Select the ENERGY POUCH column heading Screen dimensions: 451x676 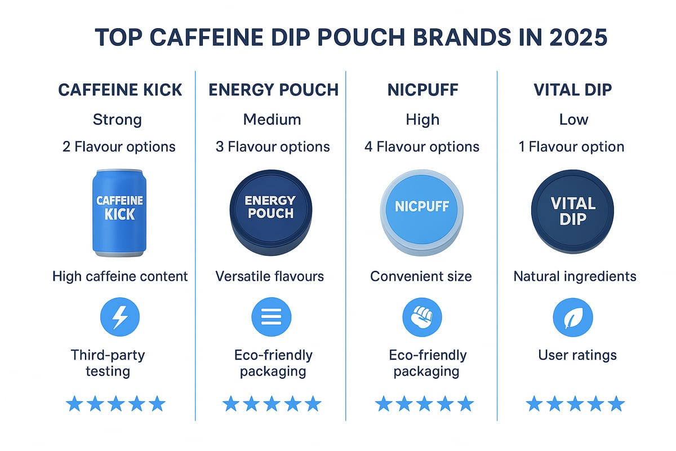click(x=273, y=90)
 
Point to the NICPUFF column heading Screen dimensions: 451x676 click(x=422, y=90)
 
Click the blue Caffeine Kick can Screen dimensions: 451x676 click(x=119, y=212)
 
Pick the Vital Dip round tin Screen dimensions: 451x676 click(x=573, y=210)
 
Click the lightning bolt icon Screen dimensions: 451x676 click(x=119, y=317)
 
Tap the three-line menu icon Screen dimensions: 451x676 click(x=272, y=317)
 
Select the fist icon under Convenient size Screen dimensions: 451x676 click(x=422, y=317)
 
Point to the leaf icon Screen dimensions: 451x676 click(x=573, y=317)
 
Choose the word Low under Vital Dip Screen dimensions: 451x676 click(x=573, y=120)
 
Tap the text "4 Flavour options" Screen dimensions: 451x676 click(x=422, y=147)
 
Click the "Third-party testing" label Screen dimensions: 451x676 click(x=108, y=363)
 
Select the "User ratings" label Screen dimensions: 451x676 click(x=577, y=355)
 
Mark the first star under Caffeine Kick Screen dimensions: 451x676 click(x=74, y=404)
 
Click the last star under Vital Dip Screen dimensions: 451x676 click(x=616, y=404)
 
